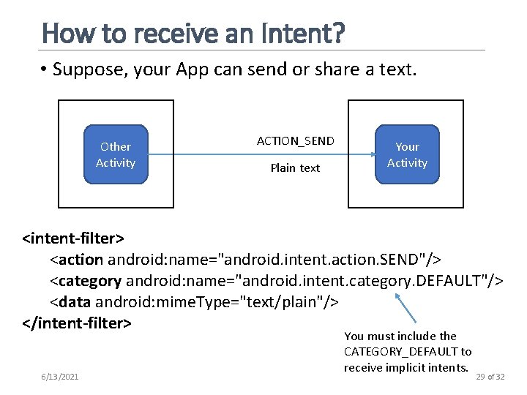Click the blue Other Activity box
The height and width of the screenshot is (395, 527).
[x=116, y=155]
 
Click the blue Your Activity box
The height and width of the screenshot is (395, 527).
[x=407, y=155]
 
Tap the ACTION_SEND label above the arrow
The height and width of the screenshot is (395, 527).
[x=295, y=140]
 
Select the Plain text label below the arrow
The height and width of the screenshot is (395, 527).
[x=295, y=168]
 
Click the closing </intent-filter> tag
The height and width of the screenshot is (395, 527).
[x=77, y=323]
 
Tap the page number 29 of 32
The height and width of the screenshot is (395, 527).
[x=490, y=376]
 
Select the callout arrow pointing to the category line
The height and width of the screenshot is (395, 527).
[x=406, y=307]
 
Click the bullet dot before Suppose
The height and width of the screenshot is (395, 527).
[x=45, y=70]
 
